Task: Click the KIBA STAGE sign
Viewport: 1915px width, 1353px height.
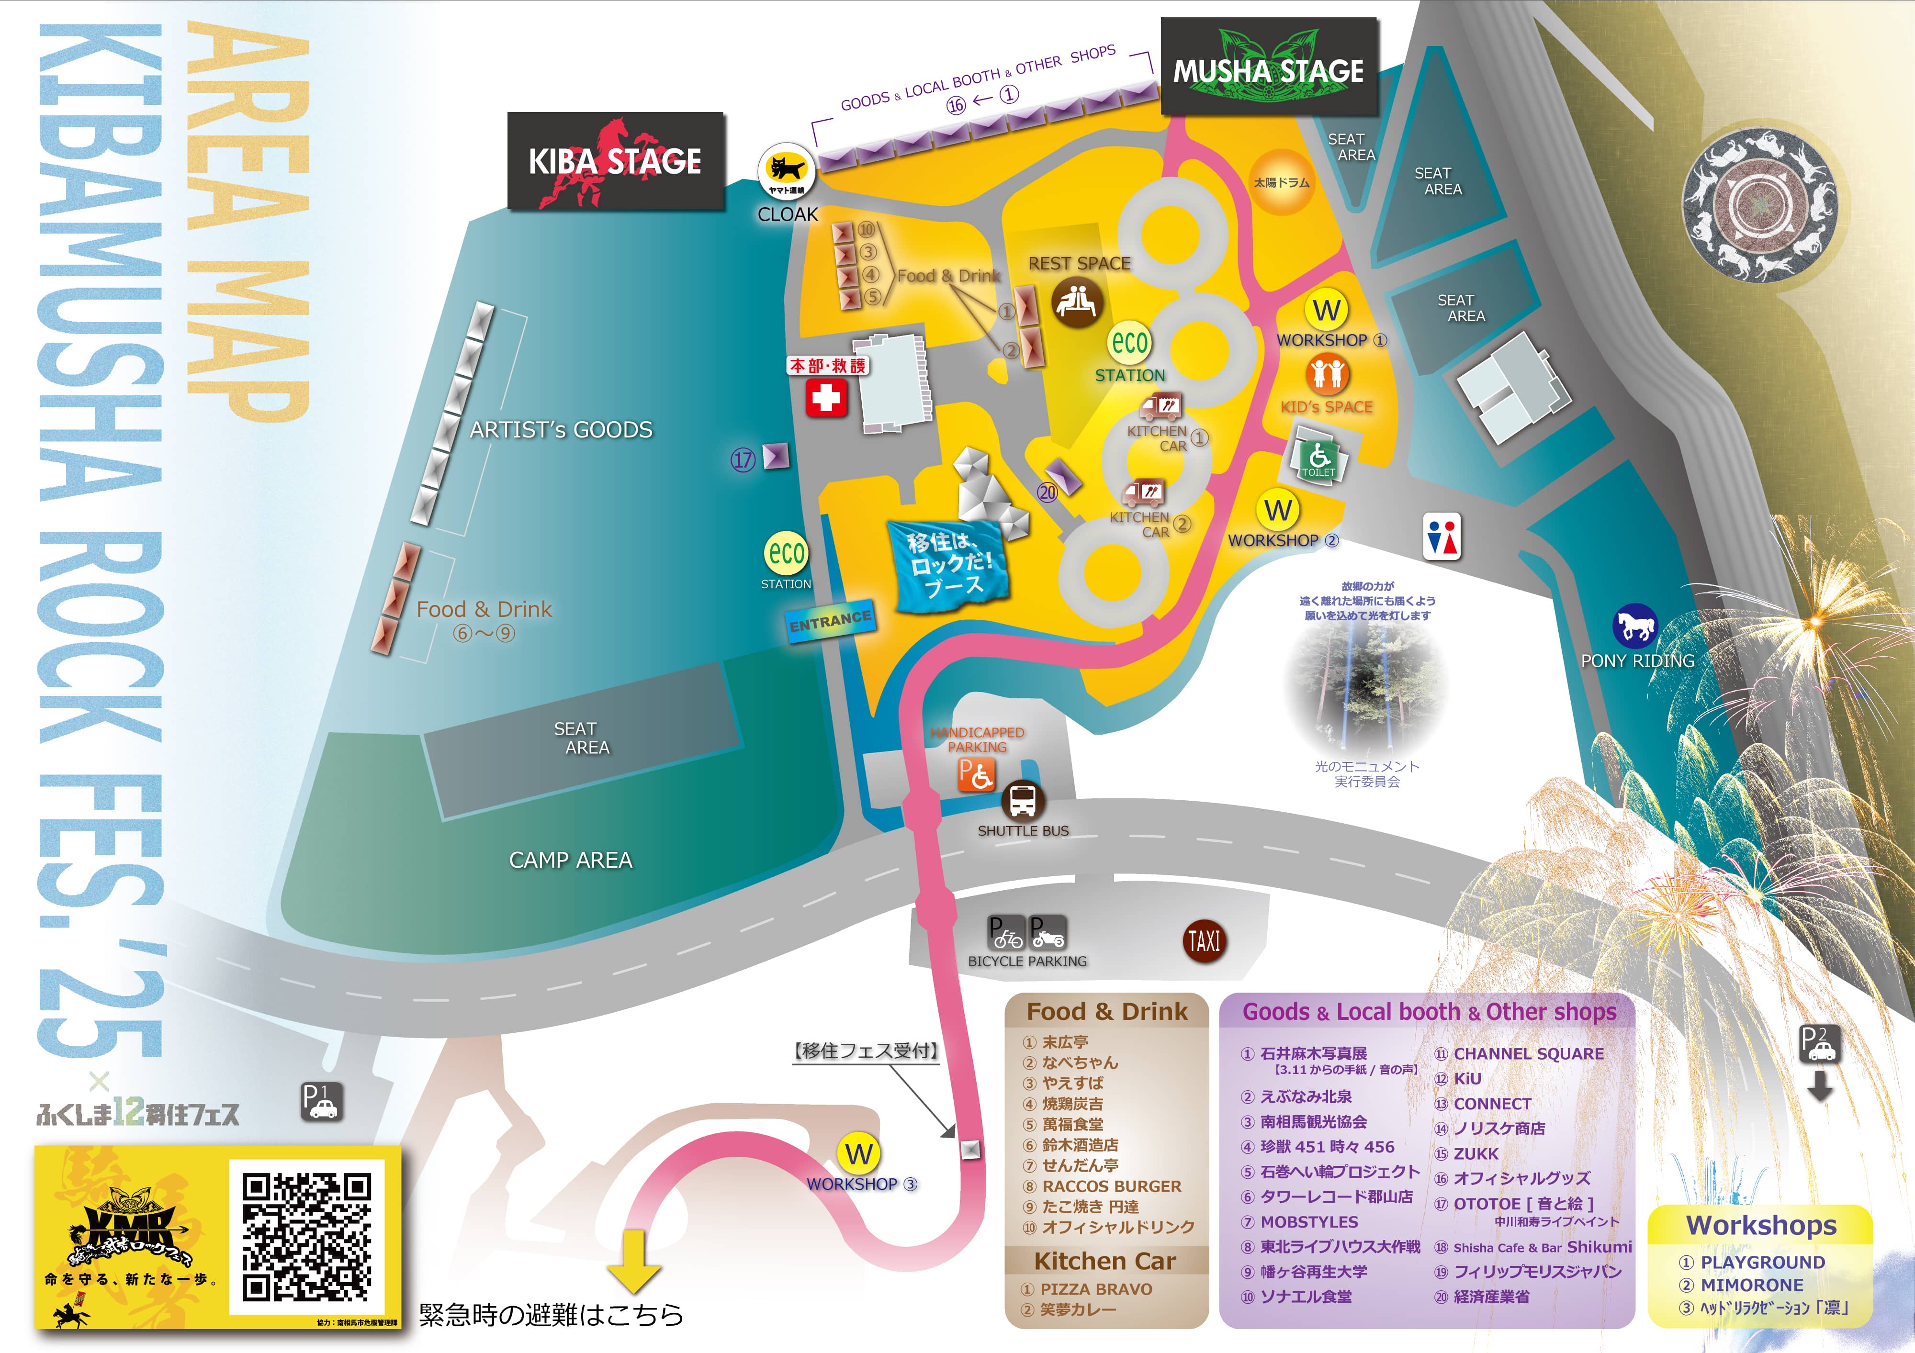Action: [616, 161]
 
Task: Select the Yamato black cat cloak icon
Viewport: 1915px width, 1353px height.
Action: [786, 173]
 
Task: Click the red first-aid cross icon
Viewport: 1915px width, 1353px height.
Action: [826, 398]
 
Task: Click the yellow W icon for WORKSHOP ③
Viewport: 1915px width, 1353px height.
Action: [859, 1154]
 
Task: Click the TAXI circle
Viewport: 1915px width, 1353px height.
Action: [1204, 942]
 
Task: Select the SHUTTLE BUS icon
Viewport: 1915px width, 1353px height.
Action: [1023, 802]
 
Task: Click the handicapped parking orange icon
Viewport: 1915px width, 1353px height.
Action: [976, 774]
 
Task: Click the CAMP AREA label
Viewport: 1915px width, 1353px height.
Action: [571, 861]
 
